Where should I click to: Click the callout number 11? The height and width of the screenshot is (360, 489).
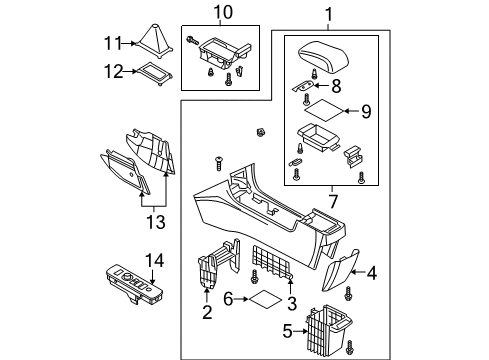[x=113, y=43]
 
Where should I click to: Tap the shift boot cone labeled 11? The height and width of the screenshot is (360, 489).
[x=155, y=41]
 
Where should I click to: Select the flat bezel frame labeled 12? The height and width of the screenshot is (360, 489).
[x=154, y=74]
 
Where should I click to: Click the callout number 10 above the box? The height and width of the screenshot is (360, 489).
[x=223, y=12]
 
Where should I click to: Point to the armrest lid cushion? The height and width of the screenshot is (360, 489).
[x=323, y=56]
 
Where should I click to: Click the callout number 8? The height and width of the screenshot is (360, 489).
[x=336, y=86]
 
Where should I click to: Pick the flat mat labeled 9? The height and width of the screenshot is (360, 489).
[x=324, y=110]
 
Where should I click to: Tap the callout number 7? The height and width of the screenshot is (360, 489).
[x=333, y=201]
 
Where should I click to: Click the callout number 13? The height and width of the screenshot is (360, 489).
[x=156, y=222]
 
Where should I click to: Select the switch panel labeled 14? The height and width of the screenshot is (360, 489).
[x=135, y=285]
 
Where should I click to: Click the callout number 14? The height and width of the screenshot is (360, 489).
[x=155, y=260]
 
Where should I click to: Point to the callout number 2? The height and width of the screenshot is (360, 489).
[x=207, y=312]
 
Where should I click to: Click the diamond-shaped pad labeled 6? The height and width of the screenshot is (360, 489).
[x=266, y=299]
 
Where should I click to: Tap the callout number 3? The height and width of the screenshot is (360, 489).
[x=292, y=304]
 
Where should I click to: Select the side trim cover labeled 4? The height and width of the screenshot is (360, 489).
[x=340, y=270]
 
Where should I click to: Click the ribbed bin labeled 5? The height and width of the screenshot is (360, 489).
[x=329, y=330]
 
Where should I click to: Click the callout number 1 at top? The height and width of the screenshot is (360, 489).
[x=329, y=14]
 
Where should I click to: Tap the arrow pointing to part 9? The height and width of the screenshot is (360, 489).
[x=351, y=111]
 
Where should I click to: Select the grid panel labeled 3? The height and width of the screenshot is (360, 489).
[x=272, y=263]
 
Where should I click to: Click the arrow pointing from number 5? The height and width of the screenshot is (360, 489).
[x=300, y=331]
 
